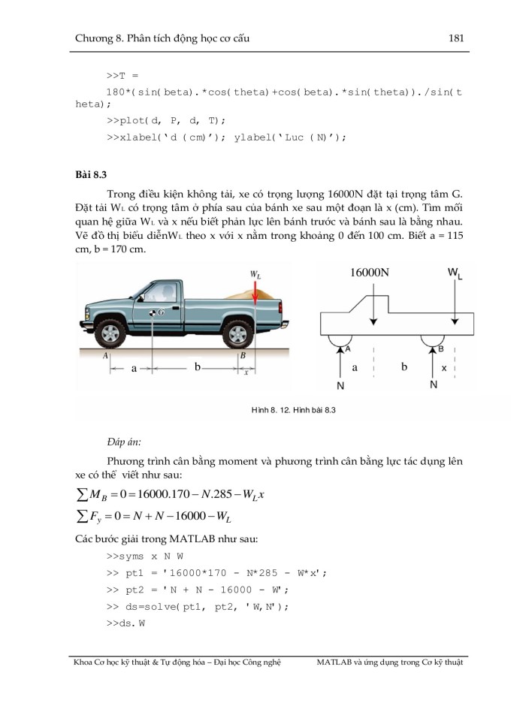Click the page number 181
[455, 36]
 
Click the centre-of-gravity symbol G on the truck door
[156, 311]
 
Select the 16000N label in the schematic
[370, 273]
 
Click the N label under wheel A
[340, 385]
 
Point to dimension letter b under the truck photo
[198, 368]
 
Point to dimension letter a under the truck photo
[133, 369]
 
